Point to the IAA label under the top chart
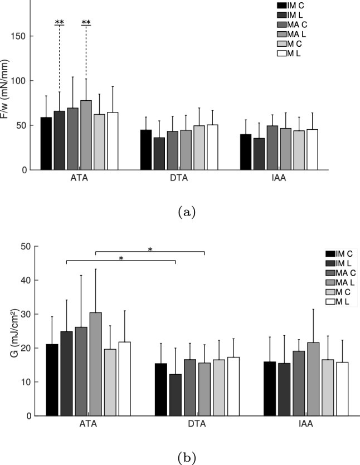point(279,180)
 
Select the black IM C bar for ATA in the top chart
point(46,144)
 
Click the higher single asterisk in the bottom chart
point(150,250)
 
